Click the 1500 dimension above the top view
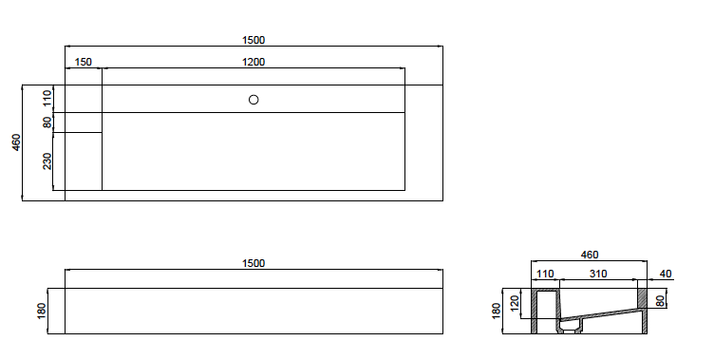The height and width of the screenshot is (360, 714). pyautogui.click(x=253, y=40)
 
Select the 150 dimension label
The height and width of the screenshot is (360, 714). pyautogui.click(x=84, y=62)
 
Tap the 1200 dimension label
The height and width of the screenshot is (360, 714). pyautogui.click(x=253, y=62)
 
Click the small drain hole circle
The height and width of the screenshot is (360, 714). pyautogui.click(x=254, y=99)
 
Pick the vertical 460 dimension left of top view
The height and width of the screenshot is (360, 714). pyautogui.click(x=16, y=142)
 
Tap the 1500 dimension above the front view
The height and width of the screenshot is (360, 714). pyautogui.click(x=253, y=263)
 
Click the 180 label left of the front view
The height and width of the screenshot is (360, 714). pyautogui.click(x=41, y=311)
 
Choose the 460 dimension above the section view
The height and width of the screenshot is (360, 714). pyautogui.click(x=590, y=255)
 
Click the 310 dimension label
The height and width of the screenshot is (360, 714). pyautogui.click(x=598, y=275)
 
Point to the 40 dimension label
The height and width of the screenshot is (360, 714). pyautogui.click(x=665, y=275)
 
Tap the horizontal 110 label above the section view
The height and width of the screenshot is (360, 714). pyautogui.click(x=545, y=275)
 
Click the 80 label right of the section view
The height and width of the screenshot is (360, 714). pyautogui.click(x=661, y=301)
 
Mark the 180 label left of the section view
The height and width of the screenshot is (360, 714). pyautogui.click(x=496, y=311)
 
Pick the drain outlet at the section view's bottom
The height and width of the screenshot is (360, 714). pyautogui.click(x=570, y=327)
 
